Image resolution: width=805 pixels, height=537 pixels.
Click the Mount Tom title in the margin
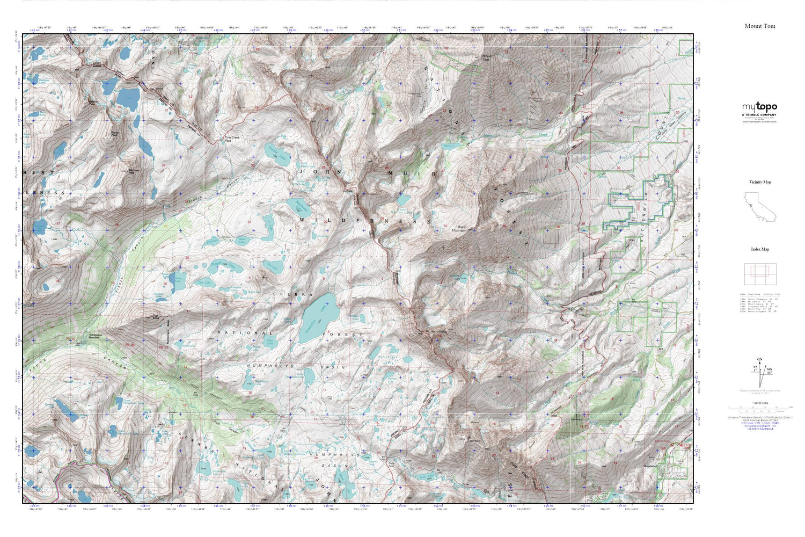[759, 26]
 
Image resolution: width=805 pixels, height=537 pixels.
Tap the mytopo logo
[759, 107]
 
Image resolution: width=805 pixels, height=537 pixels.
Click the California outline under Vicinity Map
[759, 206]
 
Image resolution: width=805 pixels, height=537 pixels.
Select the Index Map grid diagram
[759, 274]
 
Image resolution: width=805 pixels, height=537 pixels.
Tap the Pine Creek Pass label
[231, 139]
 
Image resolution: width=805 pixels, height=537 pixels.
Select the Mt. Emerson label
[473, 439]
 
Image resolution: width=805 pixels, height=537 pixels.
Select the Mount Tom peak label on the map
[487, 57]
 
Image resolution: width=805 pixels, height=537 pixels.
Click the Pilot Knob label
[157, 317]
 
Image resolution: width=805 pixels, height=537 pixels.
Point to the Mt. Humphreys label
[436, 331]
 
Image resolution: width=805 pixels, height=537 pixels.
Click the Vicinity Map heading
[759, 182]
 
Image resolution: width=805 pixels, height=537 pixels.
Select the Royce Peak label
[114, 134]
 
